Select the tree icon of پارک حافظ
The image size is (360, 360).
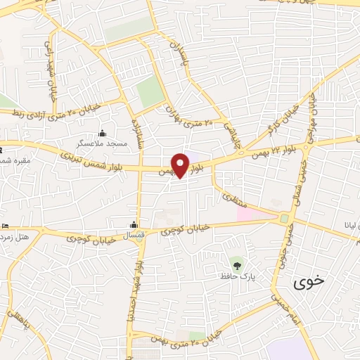point(237,266)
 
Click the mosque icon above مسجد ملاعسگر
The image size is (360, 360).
point(103,134)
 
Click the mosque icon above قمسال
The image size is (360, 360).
point(133,225)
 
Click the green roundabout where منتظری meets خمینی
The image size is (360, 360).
point(284,219)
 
